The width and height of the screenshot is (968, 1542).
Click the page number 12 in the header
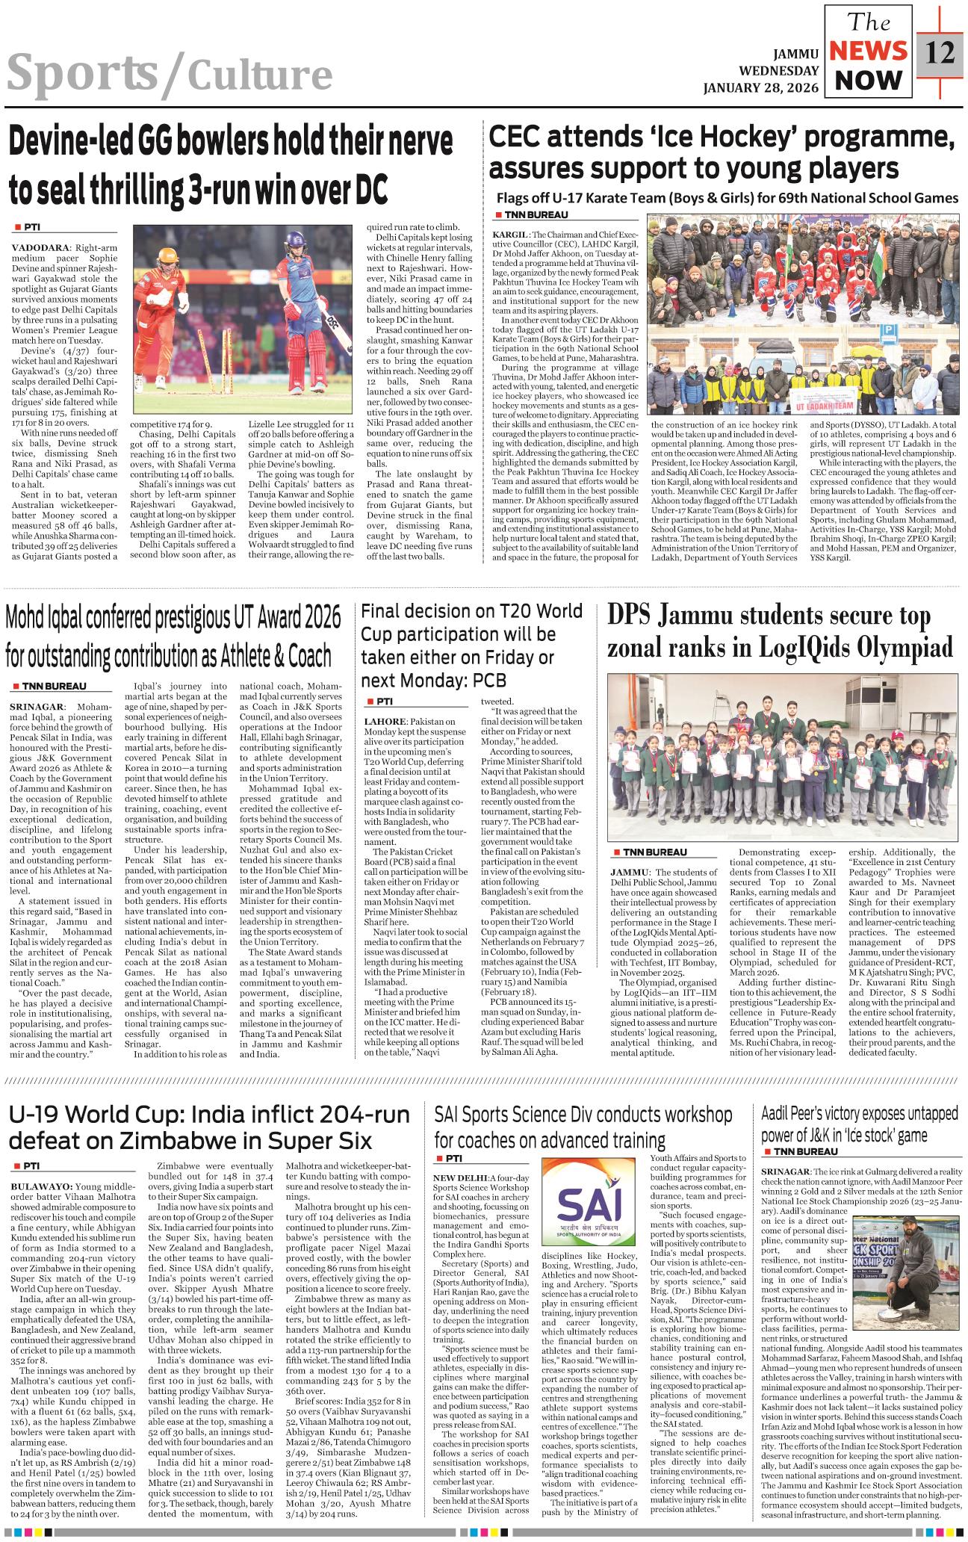940,55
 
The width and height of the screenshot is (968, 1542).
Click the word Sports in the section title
82,75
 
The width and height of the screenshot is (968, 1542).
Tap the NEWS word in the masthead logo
868,51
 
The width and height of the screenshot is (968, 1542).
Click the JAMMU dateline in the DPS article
627,872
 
